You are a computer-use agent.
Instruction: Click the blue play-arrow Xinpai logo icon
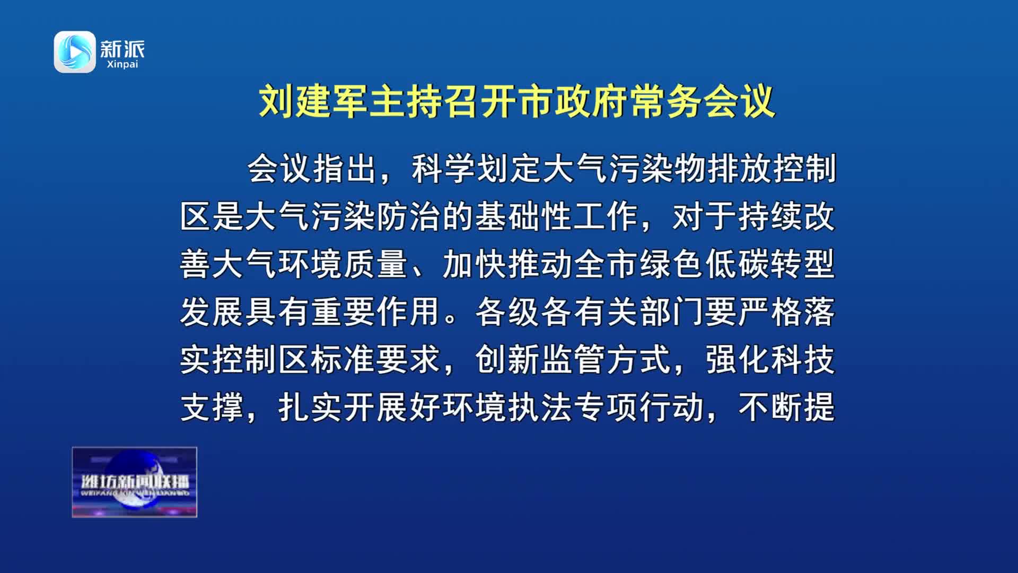(x=75, y=51)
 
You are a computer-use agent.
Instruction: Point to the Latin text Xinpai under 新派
(x=122, y=64)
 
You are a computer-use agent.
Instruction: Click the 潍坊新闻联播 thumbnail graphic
(x=135, y=482)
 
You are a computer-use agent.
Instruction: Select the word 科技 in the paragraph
(x=803, y=360)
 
